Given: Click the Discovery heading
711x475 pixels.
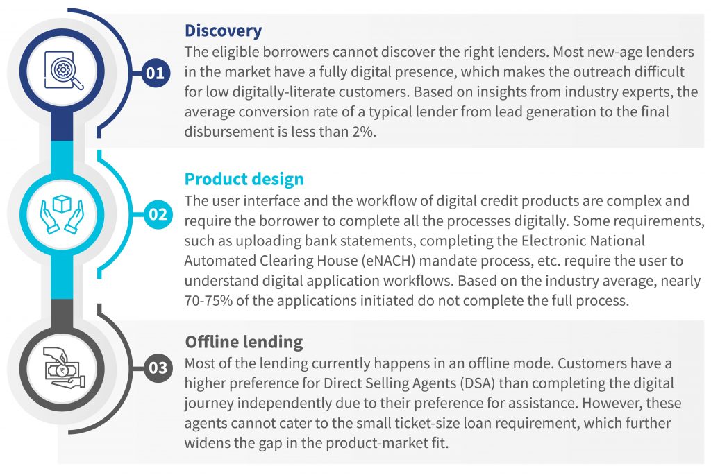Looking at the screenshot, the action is coord(223,31).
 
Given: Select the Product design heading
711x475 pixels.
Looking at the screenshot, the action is coord(244,180).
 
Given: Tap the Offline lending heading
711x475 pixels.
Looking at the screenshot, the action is coord(244,341).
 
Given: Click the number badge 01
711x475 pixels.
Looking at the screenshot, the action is coord(156,72).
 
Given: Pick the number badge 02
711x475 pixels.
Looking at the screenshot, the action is coord(158,214).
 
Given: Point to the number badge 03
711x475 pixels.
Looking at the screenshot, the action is coord(158,368).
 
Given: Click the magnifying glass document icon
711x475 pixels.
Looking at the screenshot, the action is coord(63,71).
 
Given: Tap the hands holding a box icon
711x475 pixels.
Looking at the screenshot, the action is coord(62,214).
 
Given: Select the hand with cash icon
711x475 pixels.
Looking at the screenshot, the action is coord(63,368).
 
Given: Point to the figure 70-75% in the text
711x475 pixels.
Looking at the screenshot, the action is coord(208,301).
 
